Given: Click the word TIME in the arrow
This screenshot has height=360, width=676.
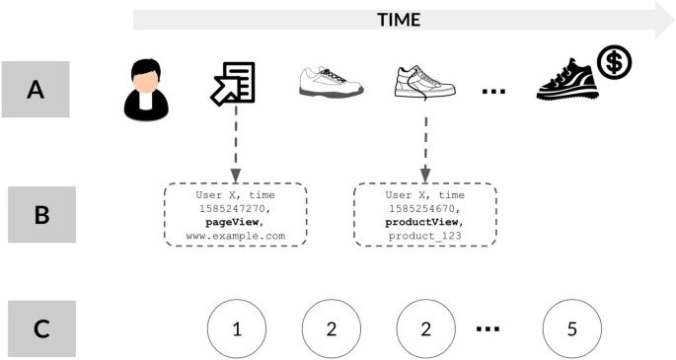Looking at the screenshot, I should click(x=399, y=19).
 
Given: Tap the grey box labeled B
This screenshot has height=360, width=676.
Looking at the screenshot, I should click(x=41, y=213).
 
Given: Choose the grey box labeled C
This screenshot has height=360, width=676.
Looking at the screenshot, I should click(x=41, y=328).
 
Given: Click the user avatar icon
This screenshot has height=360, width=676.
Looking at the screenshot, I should click(x=146, y=90).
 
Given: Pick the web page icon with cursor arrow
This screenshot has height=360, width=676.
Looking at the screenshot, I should click(x=234, y=83).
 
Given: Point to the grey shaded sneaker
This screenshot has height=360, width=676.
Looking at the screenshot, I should click(x=331, y=83).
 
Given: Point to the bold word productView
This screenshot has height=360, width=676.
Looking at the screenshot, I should click(x=425, y=223).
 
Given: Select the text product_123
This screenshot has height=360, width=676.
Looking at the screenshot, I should click(x=425, y=237).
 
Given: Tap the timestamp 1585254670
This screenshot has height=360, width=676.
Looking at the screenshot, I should click(x=425, y=209).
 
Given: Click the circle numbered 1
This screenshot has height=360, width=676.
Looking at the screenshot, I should click(x=236, y=329).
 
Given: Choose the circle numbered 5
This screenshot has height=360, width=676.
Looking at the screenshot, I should click(x=571, y=329).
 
